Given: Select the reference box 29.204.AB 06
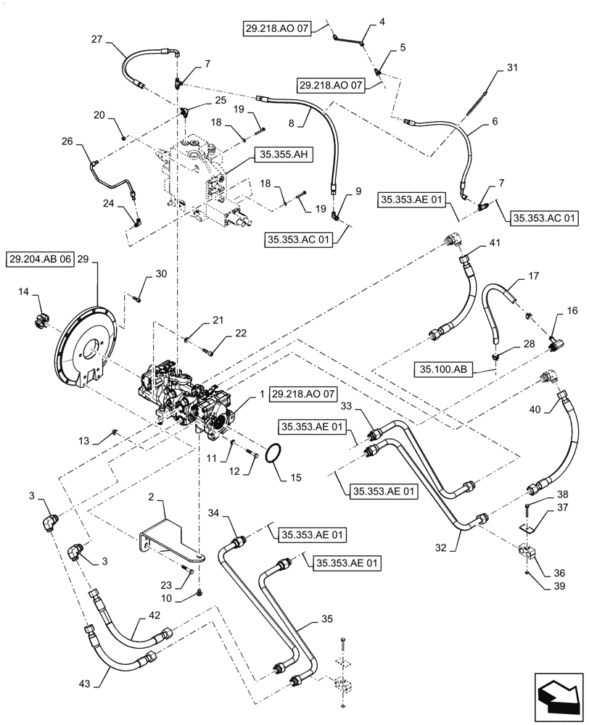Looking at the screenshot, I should pyautogui.click(x=41, y=259).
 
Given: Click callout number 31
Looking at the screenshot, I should pyautogui.click(x=513, y=68).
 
